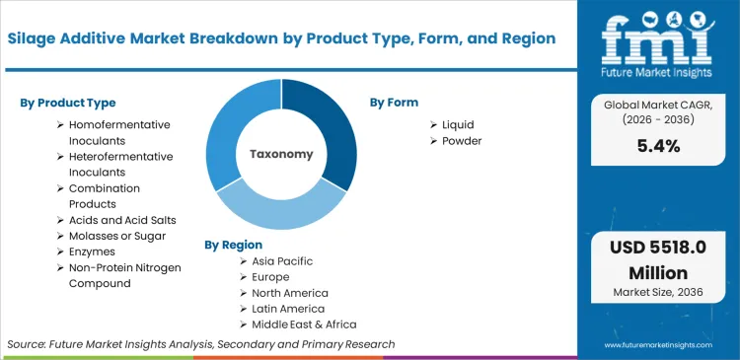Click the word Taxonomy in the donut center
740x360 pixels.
[281, 154]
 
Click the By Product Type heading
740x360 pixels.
[67, 103]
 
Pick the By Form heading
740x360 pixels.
[394, 103]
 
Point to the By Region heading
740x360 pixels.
[233, 244]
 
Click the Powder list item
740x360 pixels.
[462, 141]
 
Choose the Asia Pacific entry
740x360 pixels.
[282, 261]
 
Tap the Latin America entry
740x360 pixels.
[288, 309]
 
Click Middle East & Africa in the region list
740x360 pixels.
[304, 324]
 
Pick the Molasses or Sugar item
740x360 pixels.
[116, 236]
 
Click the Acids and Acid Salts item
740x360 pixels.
[122, 220]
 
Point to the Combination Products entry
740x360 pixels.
[105, 195]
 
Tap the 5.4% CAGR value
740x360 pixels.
[659, 147]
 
